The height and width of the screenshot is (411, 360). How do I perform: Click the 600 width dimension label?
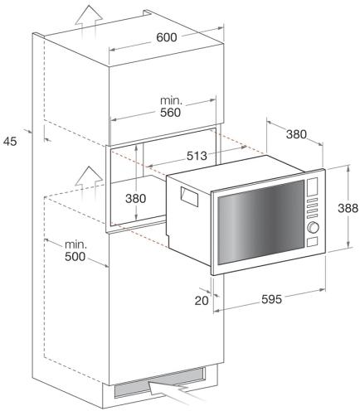[x=166, y=37]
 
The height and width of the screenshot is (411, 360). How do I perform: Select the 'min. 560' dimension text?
[x=171, y=107]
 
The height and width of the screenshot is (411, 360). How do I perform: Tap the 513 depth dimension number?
[x=197, y=156]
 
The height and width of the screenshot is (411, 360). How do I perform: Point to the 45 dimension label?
[x=10, y=142]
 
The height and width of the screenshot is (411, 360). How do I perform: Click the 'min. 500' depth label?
[x=75, y=251]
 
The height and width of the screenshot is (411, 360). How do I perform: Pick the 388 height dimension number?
[x=348, y=208]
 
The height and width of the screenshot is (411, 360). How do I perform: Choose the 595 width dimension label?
[x=271, y=299]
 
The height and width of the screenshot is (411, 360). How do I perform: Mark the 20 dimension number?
[x=202, y=301]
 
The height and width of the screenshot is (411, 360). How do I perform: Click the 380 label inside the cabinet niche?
[x=135, y=198]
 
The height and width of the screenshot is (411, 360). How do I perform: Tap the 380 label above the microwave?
[x=296, y=134]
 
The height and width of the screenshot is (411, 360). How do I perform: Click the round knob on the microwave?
[x=313, y=227]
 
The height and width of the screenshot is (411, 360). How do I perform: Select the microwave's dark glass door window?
[x=260, y=222]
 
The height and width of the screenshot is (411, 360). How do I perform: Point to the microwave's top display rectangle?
[x=312, y=186]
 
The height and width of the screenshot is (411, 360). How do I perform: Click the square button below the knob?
[x=312, y=242]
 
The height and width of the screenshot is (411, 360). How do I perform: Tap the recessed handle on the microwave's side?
[x=190, y=196]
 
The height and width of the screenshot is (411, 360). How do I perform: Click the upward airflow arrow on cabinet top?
[x=89, y=22]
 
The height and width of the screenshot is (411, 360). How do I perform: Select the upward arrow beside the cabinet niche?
[x=89, y=184]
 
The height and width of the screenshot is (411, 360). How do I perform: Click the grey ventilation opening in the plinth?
[x=160, y=383]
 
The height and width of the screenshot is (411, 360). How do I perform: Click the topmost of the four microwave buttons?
[x=312, y=201]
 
